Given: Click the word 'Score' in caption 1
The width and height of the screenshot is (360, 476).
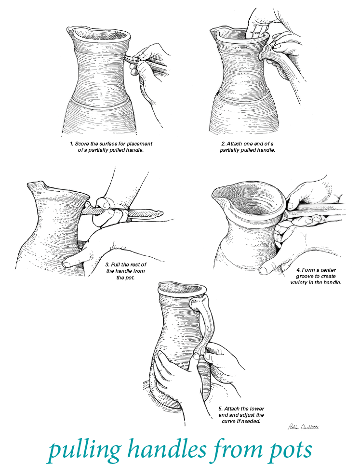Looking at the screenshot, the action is (x=82, y=144).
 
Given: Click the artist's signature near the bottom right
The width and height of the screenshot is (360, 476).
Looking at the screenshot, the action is (x=303, y=427).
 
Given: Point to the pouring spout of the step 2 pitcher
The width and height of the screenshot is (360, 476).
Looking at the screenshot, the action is (x=213, y=30).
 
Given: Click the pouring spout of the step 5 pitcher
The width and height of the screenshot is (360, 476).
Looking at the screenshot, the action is (x=162, y=285).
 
